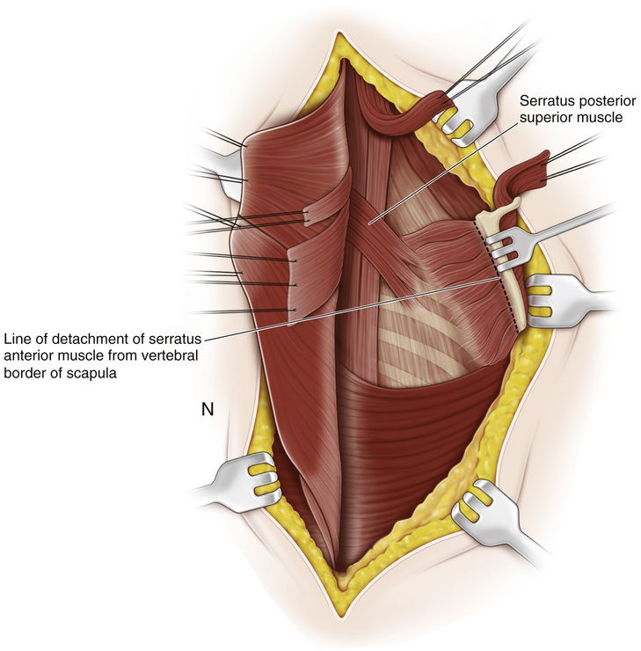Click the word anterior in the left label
point(27,355)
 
